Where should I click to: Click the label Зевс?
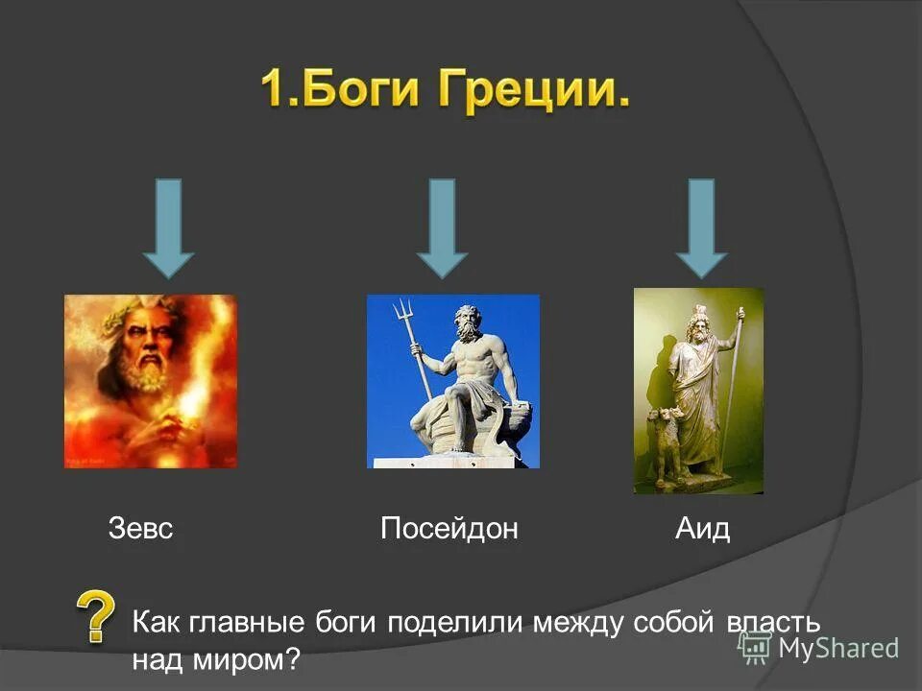[x=140, y=529]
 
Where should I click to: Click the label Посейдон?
[x=449, y=529]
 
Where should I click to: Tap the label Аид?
[x=702, y=529]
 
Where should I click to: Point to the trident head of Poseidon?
[x=401, y=312]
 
